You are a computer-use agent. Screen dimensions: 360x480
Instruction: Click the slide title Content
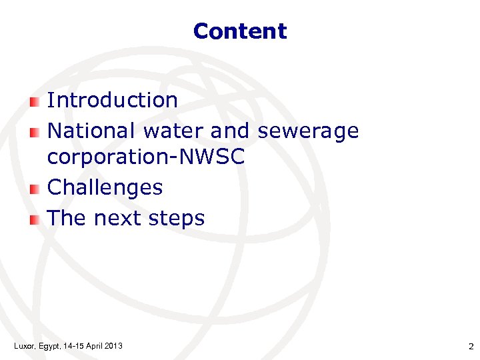click(240, 31)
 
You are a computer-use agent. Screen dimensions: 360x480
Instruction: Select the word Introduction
click(113, 100)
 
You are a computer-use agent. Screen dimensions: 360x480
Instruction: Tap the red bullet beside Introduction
click(35, 101)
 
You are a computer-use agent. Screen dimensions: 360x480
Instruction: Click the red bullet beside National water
click(35, 132)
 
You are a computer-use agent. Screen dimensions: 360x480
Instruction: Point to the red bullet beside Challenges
click(35, 189)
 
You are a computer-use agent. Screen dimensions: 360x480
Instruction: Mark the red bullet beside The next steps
click(35, 219)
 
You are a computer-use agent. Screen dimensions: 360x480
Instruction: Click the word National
click(91, 131)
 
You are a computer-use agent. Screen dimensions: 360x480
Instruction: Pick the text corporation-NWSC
click(146, 158)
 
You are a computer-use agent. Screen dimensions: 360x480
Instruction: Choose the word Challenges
click(105, 187)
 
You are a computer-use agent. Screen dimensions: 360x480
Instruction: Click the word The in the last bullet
click(67, 218)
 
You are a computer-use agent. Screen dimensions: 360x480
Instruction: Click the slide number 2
click(471, 346)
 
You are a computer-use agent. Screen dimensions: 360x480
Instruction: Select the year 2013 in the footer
click(113, 345)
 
